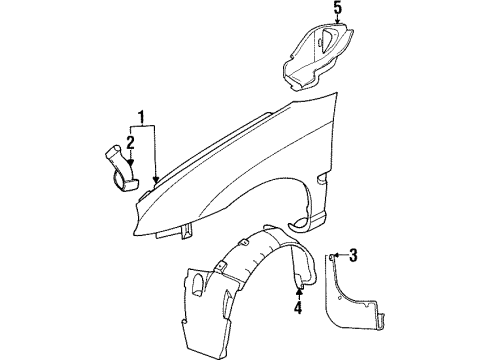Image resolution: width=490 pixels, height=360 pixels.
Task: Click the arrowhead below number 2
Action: tap(129, 160)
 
